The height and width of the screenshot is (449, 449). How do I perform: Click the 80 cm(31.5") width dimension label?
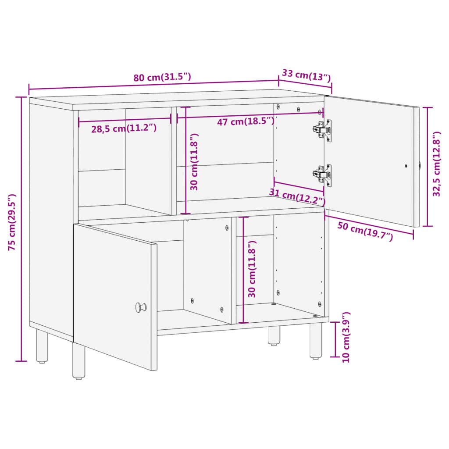pyautogui.click(x=162, y=78)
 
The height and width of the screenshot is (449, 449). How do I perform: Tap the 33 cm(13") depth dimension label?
pyautogui.click(x=306, y=75)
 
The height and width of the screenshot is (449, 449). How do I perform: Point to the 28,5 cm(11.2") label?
pyautogui.click(x=124, y=128)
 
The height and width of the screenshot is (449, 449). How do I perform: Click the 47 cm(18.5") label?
pyautogui.click(x=246, y=121)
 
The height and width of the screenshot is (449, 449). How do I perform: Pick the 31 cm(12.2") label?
pyautogui.click(x=297, y=196)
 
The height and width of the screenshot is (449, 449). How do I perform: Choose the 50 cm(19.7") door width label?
pyautogui.click(x=365, y=231)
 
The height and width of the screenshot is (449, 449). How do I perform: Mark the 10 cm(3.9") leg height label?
pyautogui.click(x=346, y=337)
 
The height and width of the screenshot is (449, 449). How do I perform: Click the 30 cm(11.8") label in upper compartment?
pyautogui.click(x=195, y=161)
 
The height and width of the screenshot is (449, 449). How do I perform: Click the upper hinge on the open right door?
pyautogui.click(x=322, y=130)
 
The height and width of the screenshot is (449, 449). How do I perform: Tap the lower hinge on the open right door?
pyautogui.click(x=322, y=175)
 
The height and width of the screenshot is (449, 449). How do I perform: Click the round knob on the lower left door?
pyautogui.click(x=141, y=307)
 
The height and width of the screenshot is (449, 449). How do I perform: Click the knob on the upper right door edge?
pyautogui.click(x=420, y=166)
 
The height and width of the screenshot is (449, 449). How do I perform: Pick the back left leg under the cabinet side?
pyautogui.click(x=42, y=346)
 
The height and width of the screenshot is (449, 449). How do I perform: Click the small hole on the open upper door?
pyautogui.click(x=406, y=166)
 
